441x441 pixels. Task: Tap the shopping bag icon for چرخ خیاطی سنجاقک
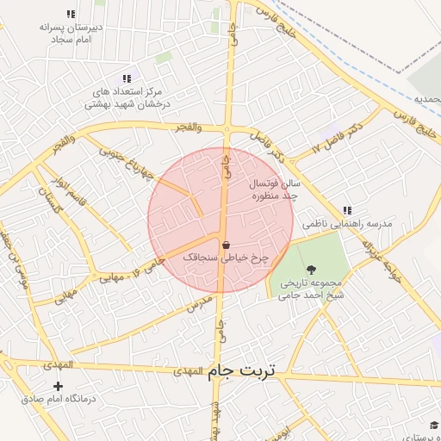[x=226, y=245]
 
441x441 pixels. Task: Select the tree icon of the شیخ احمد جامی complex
[x=311, y=268]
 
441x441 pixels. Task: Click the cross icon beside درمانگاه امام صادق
[x=58, y=387]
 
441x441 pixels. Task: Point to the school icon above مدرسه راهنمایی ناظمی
[x=346, y=210]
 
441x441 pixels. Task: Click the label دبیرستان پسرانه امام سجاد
[x=71, y=33]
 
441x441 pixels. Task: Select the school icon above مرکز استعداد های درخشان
[x=127, y=78]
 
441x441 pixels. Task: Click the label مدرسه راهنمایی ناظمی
[x=346, y=224]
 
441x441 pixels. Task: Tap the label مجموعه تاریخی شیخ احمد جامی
[x=311, y=288]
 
